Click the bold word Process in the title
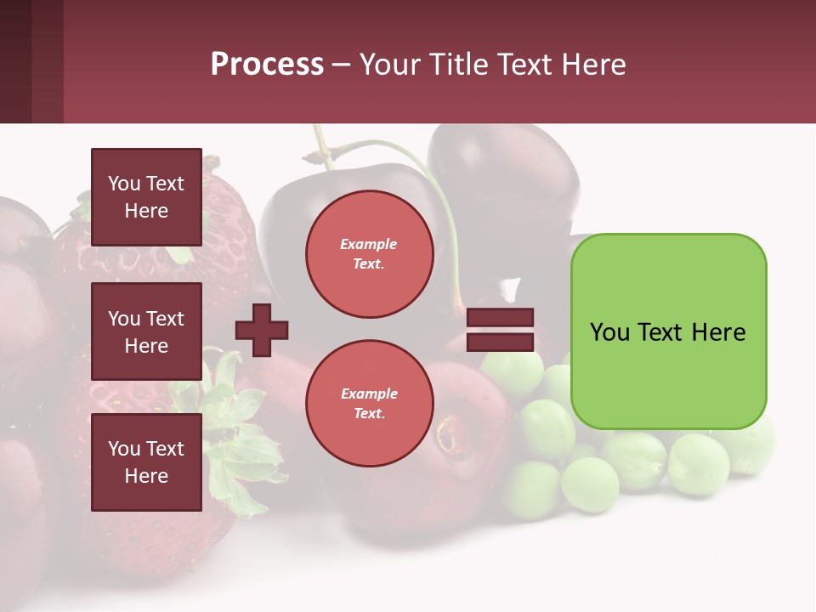267,65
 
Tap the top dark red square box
146,197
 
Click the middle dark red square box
146,331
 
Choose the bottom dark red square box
146,462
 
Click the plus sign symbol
262,330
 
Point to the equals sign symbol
500,331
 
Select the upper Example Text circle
369,254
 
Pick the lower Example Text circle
369,404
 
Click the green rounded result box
668,331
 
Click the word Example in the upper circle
369,245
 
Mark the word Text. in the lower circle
369,414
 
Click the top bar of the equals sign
500,318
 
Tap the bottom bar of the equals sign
500,343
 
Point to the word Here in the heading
594,65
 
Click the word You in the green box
611,332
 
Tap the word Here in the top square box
146,211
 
